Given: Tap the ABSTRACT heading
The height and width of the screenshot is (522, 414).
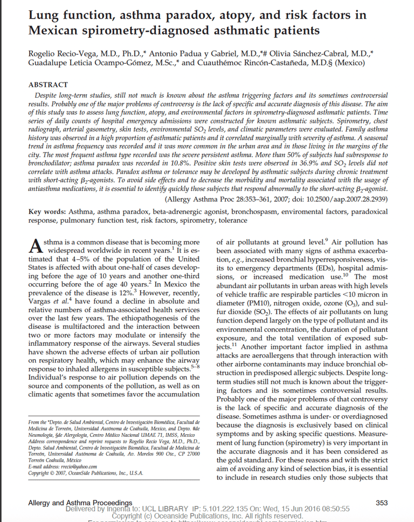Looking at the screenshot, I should (48, 85).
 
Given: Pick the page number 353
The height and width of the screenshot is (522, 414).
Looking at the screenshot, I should (381, 503).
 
